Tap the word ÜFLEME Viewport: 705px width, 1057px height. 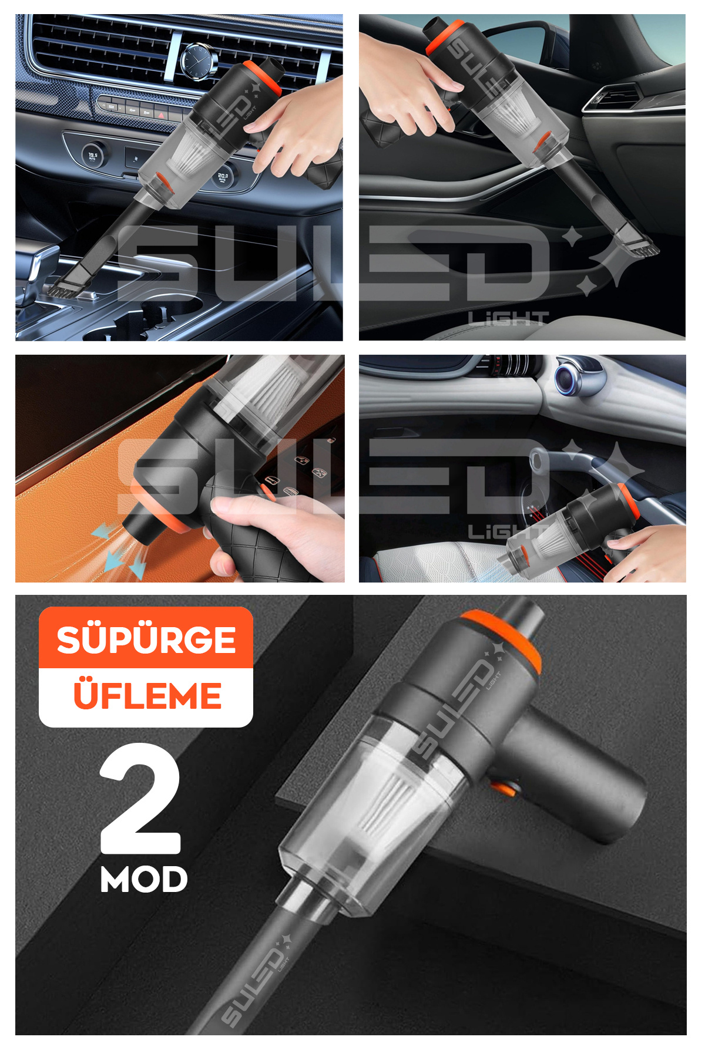point(147,696)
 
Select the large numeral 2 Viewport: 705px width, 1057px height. point(141,799)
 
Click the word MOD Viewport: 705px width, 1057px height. point(144,879)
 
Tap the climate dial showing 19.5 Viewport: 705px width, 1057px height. point(93,156)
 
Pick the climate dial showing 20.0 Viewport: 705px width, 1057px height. point(223,176)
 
